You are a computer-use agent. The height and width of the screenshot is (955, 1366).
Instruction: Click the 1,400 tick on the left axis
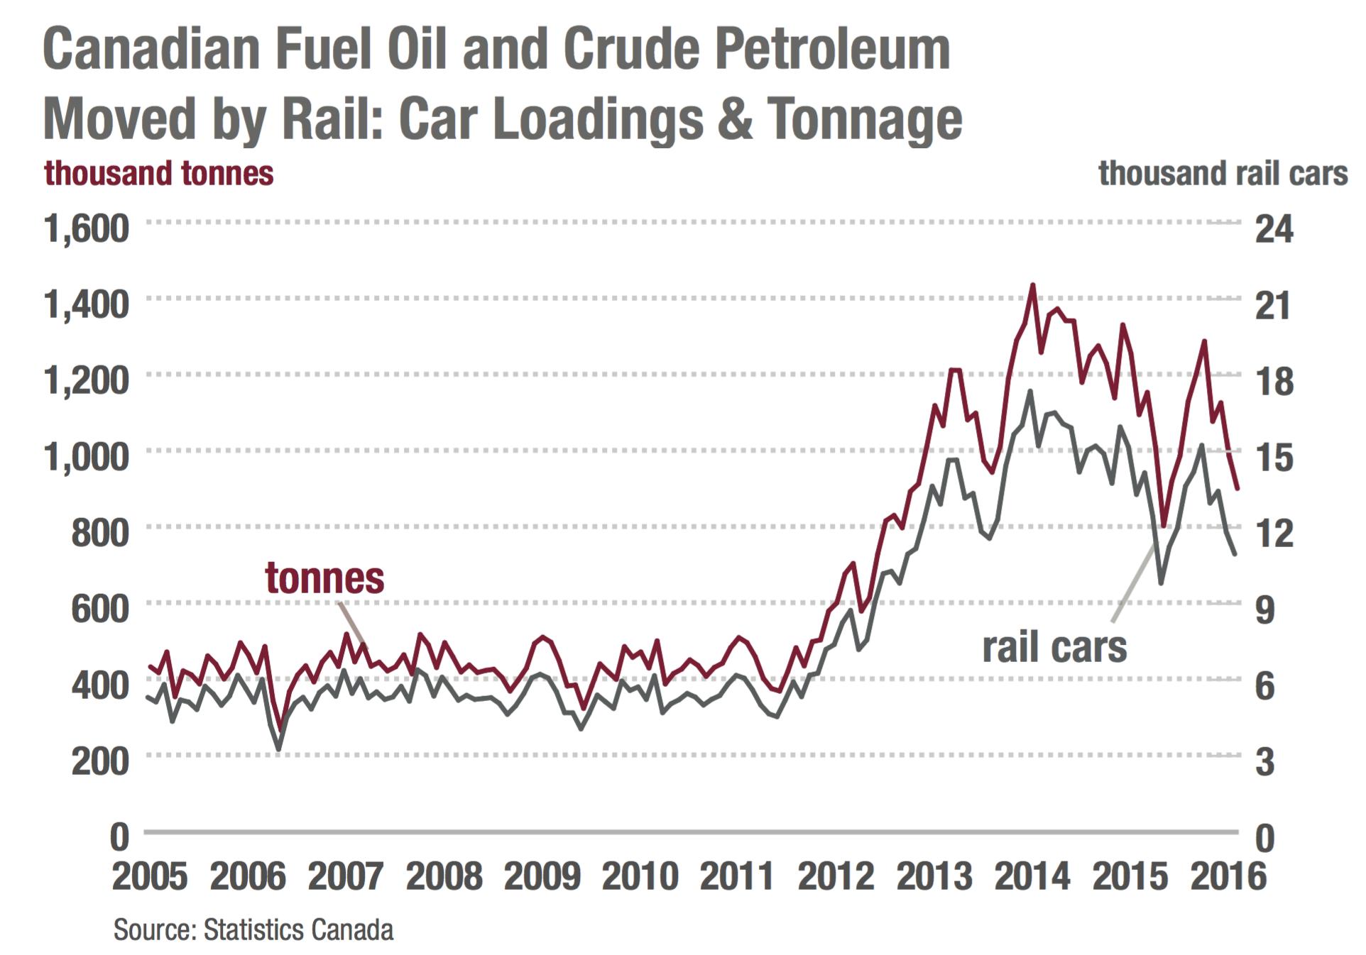pos(87,305)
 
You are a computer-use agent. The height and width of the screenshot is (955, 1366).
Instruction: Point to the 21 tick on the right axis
pos(1273,305)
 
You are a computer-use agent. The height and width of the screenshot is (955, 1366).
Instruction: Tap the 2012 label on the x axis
pos(836,876)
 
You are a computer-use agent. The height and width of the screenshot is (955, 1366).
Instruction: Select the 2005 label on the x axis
pos(150,876)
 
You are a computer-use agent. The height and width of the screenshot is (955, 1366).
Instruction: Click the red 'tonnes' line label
pos(324,578)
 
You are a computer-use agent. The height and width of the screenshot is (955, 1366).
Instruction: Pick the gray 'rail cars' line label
pos(1054,647)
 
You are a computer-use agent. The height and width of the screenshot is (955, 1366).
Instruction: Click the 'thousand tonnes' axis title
pos(158,174)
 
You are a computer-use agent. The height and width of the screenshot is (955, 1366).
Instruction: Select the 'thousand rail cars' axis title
pos(1223,174)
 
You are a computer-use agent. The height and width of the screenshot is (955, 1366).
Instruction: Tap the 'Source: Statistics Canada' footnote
pos(253,929)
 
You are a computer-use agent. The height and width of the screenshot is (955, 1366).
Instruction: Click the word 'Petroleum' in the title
pos(832,50)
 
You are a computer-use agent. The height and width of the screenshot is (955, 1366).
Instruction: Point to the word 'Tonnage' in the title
pos(864,119)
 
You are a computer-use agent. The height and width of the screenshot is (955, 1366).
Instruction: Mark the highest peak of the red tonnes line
pos(1032,285)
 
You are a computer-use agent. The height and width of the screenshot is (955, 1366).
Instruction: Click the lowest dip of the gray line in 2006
pos(278,749)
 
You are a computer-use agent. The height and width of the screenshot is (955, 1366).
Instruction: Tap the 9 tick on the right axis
pos(1265,609)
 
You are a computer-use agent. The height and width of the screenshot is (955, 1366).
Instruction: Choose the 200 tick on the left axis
pos(100,761)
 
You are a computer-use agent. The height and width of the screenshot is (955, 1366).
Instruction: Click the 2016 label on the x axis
pos(1228,876)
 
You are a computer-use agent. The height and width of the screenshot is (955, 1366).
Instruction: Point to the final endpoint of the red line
pos(1237,488)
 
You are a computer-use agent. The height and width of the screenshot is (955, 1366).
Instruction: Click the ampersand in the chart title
pos(735,119)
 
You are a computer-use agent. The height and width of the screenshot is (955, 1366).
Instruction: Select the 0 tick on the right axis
pos(1265,838)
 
